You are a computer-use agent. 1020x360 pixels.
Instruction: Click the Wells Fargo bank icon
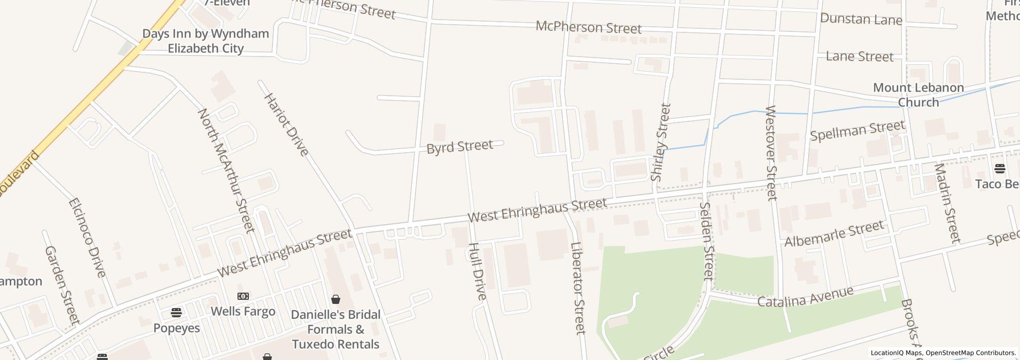tap(243, 296)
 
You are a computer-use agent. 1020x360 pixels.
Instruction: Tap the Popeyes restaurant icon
tap(176, 312)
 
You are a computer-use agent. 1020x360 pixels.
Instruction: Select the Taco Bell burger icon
tap(1000, 169)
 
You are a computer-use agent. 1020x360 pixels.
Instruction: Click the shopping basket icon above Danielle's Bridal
tap(336, 299)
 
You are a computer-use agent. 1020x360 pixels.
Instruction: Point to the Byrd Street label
tap(460, 147)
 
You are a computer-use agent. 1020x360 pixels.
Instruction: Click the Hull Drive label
tap(477, 271)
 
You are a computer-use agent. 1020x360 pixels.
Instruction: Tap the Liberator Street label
tap(578, 288)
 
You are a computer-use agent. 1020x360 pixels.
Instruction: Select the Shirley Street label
tap(661, 142)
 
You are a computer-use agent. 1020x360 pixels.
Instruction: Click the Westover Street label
tap(771, 153)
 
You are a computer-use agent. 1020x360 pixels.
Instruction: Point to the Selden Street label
tap(707, 241)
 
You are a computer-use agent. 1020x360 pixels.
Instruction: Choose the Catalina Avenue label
tap(805, 297)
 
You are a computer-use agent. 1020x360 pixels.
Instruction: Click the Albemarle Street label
tap(834, 233)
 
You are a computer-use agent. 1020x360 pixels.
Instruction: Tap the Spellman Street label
tap(857, 131)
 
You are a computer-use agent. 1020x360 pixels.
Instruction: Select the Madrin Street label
tap(947, 203)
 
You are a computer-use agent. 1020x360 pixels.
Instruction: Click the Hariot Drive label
tap(286, 124)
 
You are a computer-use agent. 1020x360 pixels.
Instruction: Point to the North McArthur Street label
tap(226, 170)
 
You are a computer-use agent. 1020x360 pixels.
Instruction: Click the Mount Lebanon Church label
tap(918, 95)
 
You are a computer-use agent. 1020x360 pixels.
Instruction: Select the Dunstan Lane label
tap(861, 20)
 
